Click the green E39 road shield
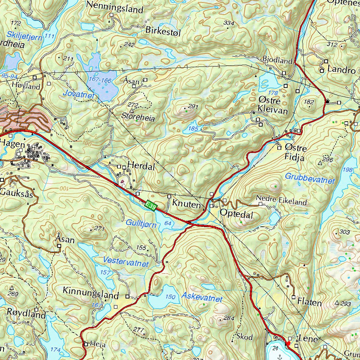151,205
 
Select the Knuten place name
186,204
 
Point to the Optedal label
236,214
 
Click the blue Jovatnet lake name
79,94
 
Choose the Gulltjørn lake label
141,224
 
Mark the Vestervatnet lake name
126,262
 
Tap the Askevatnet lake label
202,298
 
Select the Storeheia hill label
138,117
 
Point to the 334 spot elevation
229,23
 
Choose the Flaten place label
309,302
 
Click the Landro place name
341,69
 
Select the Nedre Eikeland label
281,202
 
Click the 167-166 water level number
101,81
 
